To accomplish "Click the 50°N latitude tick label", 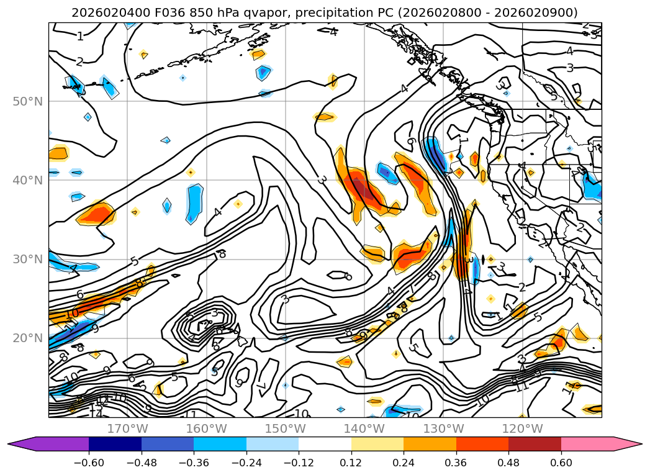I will [x=27, y=101].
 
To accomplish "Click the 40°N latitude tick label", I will [x=27, y=180].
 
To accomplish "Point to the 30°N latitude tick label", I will [x=27, y=259].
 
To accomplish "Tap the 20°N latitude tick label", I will [x=27, y=338].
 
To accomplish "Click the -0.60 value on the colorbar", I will [x=88, y=463].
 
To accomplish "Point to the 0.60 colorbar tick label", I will [x=561, y=463].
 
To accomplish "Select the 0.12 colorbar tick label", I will [x=351, y=463].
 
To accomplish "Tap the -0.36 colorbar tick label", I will [x=194, y=463].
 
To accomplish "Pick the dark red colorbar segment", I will [x=535, y=444].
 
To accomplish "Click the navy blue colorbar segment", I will [x=115, y=444].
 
